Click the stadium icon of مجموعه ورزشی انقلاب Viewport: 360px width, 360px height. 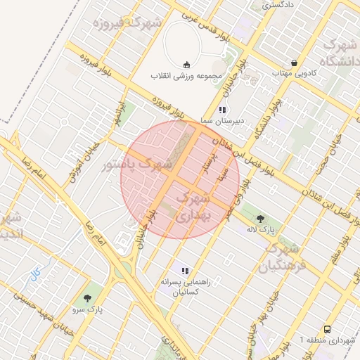(186, 64)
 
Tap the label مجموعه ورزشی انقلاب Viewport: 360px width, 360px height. (186, 75)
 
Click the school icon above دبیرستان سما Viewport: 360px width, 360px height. (223, 110)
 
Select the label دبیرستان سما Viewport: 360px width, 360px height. (222, 121)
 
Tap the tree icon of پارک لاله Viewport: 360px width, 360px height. (261, 219)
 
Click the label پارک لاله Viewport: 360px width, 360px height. (261, 230)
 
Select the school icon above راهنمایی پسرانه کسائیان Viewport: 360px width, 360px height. (185, 271)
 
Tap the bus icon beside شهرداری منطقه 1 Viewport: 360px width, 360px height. (327, 329)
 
